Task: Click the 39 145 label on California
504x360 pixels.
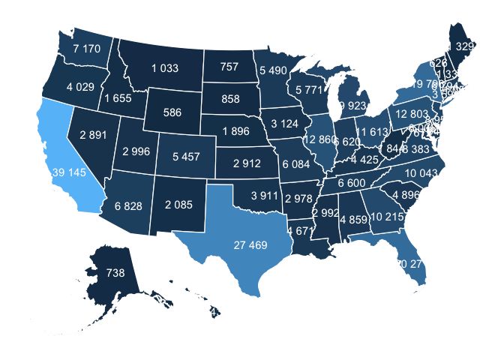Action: click(x=69, y=173)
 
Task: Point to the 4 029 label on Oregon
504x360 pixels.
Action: click(x=80, y=87)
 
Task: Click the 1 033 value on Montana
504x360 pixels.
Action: click(x=164, y=68)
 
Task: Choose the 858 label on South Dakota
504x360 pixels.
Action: click(x=229, y=99)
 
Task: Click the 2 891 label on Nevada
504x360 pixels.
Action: click(x=93, y=135)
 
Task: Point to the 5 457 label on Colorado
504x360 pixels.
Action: click(x=186, y=157)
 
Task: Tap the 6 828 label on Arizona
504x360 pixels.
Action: click(x=128, y=205)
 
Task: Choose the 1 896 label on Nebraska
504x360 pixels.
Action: click(x=236, y=132)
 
